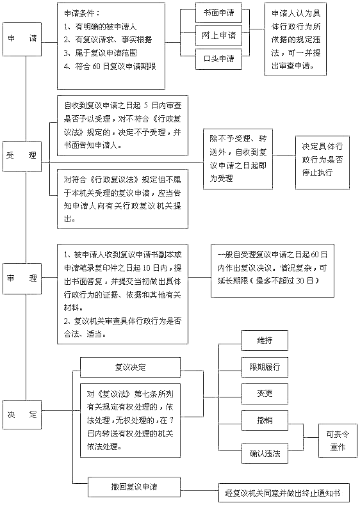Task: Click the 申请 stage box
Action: click(x=24, y=39)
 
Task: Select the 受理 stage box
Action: click(x=24, y=156)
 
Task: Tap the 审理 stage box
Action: click(x=24, y=279)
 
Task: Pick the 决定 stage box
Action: click(x=24, y=415)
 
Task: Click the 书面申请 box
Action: click(x=218, y=13)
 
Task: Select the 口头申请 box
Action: click(x=218, y=60)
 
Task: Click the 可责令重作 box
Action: click(x=338, y=439)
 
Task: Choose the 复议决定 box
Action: click(x=130, y=367)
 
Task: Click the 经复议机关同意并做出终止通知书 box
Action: click(x=283, y=493)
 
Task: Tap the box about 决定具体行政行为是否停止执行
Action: click(x=322, y=161)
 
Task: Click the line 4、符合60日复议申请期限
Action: click(x=110, y=67)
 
